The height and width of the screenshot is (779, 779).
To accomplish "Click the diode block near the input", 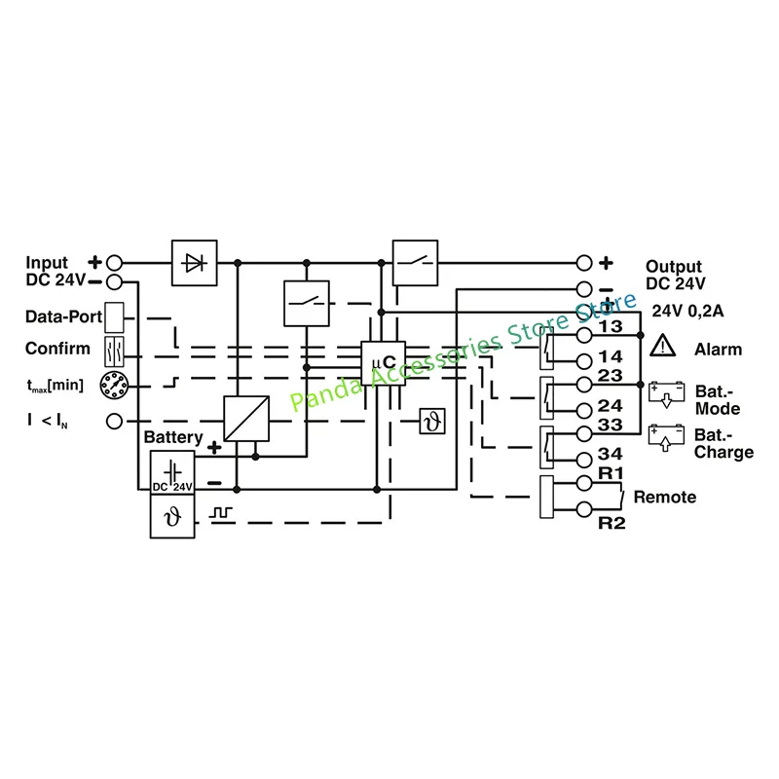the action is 194,263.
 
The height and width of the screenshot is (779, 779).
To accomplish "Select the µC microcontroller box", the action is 383,363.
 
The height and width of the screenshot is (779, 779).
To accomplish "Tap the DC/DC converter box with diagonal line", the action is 246,419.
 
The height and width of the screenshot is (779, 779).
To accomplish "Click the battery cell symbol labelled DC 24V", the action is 172,472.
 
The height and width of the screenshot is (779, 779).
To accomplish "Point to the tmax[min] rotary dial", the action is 114,385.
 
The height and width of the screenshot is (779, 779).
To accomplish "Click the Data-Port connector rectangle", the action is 114,317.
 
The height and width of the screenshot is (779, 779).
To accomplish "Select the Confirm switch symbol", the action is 114,352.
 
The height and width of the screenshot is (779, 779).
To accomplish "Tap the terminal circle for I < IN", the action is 114,422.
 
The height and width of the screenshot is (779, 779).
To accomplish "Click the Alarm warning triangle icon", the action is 663,346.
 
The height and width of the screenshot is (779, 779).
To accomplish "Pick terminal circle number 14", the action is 584,361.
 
